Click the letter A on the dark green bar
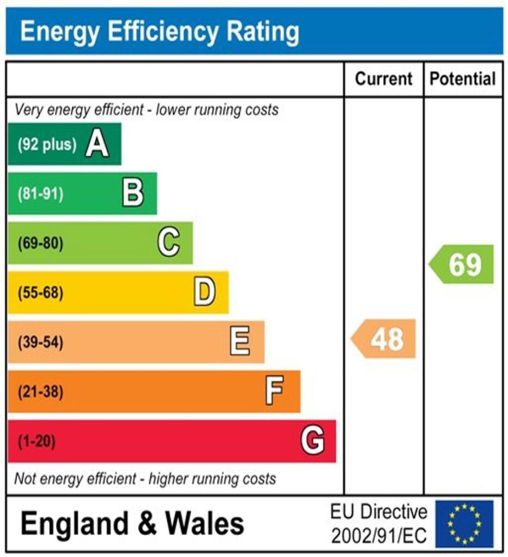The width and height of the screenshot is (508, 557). coord(97,145)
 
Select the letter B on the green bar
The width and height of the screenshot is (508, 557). coord(133,194)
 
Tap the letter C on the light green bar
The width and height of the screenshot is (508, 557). coord(169,243)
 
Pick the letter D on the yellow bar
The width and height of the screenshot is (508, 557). coord(205,293)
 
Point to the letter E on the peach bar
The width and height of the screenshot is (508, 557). coord(240,342)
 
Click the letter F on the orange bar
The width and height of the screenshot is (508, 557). coord(275,391)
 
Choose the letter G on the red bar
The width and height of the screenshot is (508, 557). coord(313,441)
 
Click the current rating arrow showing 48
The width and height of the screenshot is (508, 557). coord(384,339)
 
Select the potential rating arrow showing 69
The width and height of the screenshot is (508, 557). coord(462,264)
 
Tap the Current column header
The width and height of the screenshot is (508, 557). coord(384,79)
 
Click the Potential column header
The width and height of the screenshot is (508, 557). coord(463,79)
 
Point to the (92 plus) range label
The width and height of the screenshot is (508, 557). coord(47,145)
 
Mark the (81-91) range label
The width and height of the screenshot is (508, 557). coord(41,194)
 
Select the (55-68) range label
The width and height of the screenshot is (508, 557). coord(41,293)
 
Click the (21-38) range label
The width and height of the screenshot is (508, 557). coord(41,392)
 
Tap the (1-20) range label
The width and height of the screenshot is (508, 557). coord(37,441)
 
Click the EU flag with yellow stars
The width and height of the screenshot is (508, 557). coord(464,524)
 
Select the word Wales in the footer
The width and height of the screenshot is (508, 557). coord(205,524)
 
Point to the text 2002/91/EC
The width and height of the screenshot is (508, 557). coord(379,535)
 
